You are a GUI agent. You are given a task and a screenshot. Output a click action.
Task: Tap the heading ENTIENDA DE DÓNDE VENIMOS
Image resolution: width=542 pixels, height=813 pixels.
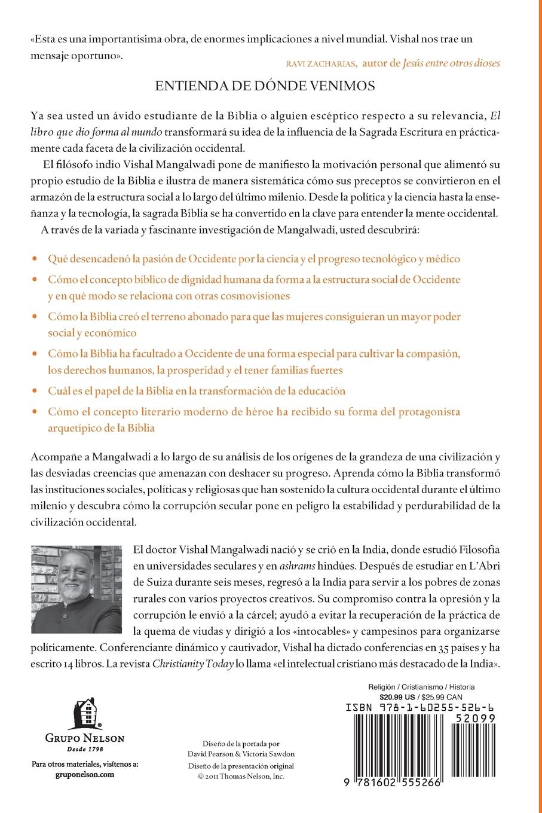pos(265,86)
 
